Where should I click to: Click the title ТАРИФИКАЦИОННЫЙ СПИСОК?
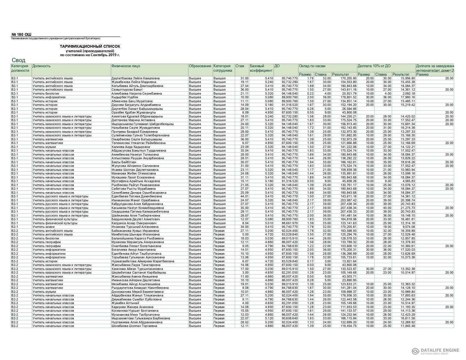(90, 46)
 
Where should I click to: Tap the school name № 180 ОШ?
(21, 34)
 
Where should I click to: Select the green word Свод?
(19, 60)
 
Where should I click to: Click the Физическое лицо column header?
(125, 66)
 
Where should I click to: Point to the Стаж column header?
(240, 66)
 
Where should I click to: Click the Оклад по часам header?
(312, 66)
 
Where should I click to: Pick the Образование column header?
(200, 66)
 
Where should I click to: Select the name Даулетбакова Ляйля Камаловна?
(135, 78)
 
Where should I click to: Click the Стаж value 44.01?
(244, 197)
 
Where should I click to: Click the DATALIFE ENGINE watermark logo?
(435, 351)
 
